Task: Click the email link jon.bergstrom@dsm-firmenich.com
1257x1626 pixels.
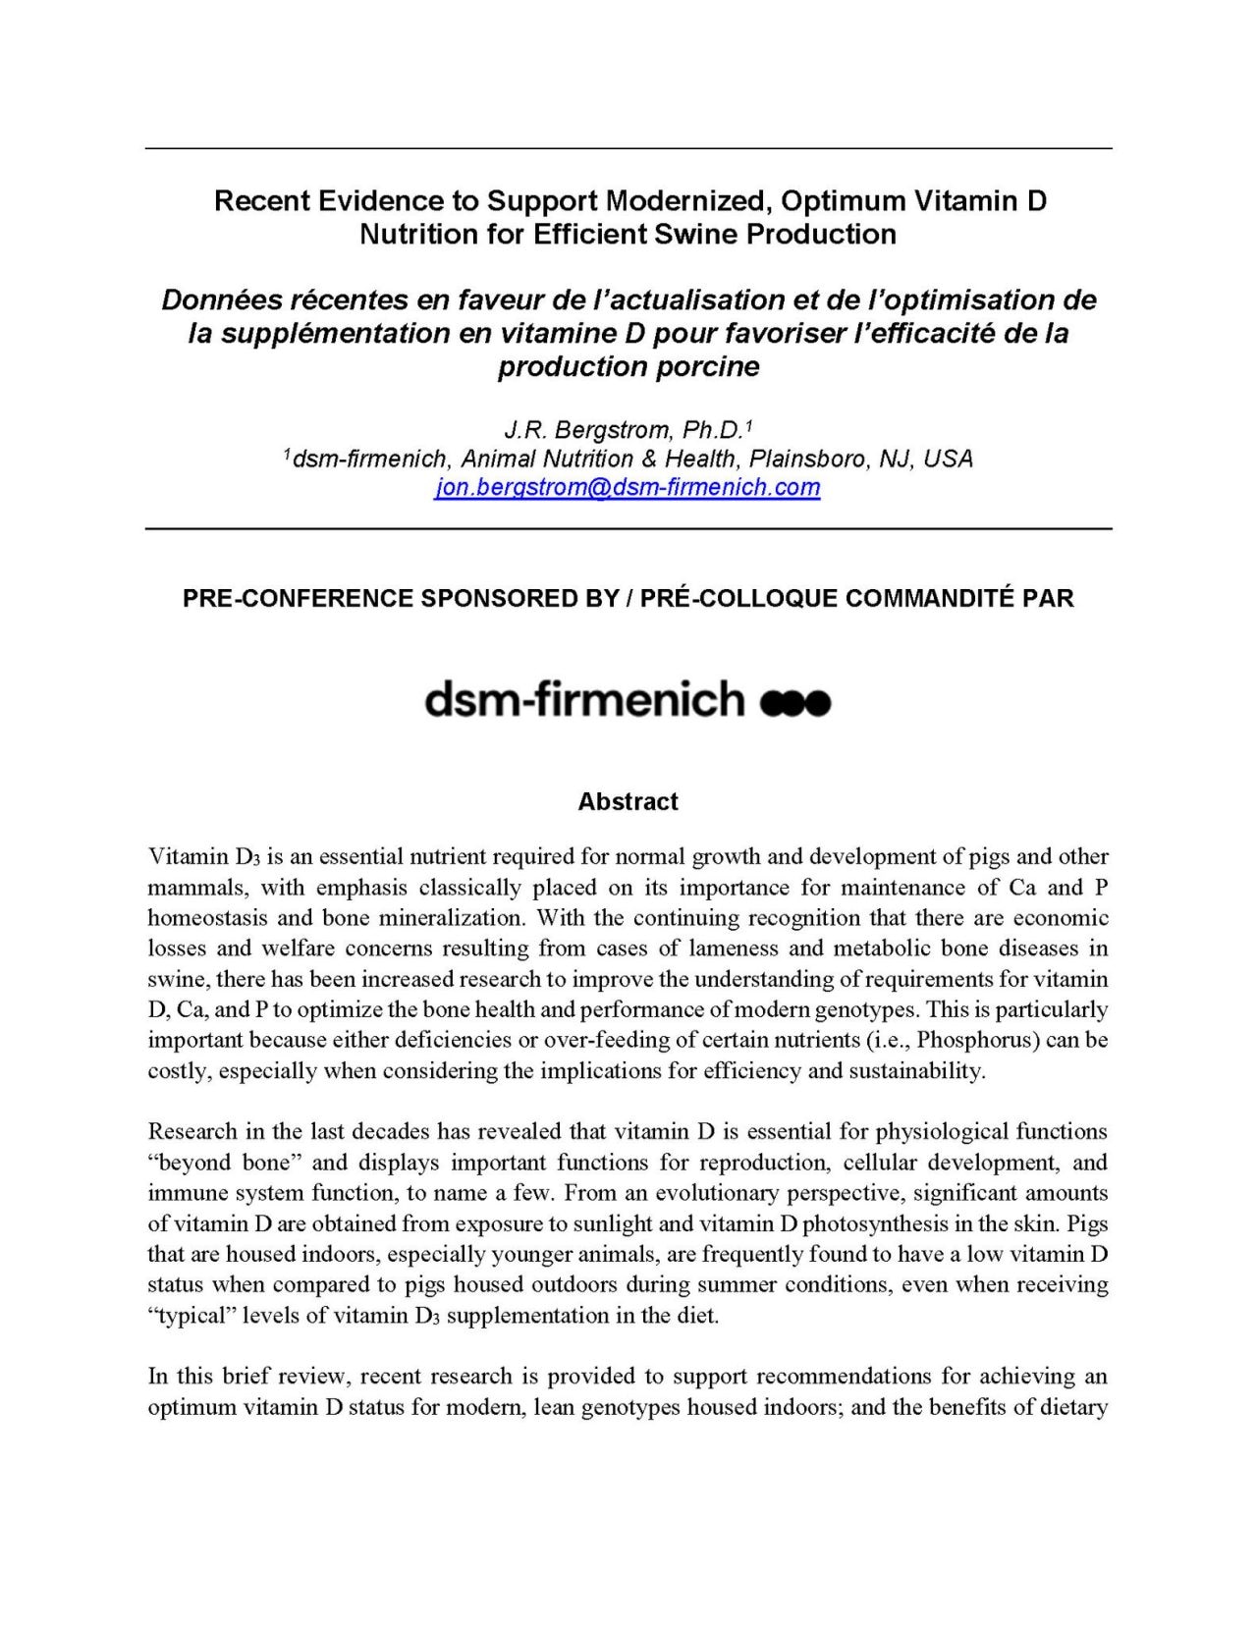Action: (x=628, y=488)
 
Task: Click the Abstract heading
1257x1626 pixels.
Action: (x=628, y=802)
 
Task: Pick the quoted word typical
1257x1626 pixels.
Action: (x=191, y=1316)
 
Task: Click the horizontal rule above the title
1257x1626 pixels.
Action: (x=628, y=148)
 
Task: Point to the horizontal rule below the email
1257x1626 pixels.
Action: (x=628, y=529)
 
